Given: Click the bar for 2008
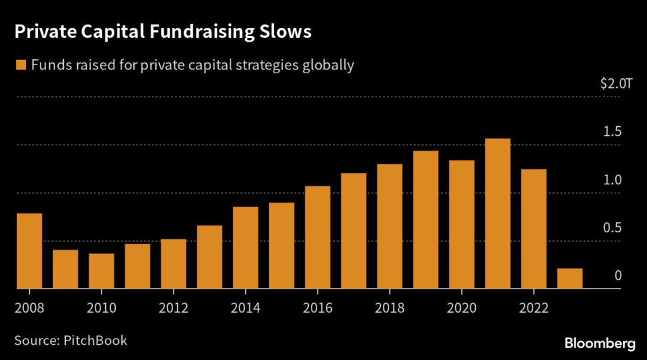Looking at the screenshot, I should (29, 251).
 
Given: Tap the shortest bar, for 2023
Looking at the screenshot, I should (570, 279).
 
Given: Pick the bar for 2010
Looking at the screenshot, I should (101, 271).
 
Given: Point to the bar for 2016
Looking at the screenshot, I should (318, 237).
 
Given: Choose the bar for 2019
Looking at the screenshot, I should (426, 220).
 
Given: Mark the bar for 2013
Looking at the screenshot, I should (210, 257).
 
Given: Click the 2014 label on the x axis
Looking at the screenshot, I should (246, 310).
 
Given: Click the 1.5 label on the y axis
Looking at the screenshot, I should (613, 132).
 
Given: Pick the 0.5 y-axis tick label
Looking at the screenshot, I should (613, 228).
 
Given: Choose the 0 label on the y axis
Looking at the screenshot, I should (619, 276).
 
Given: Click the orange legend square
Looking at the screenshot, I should (21, 64).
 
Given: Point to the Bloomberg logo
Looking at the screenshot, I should (600, 344).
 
